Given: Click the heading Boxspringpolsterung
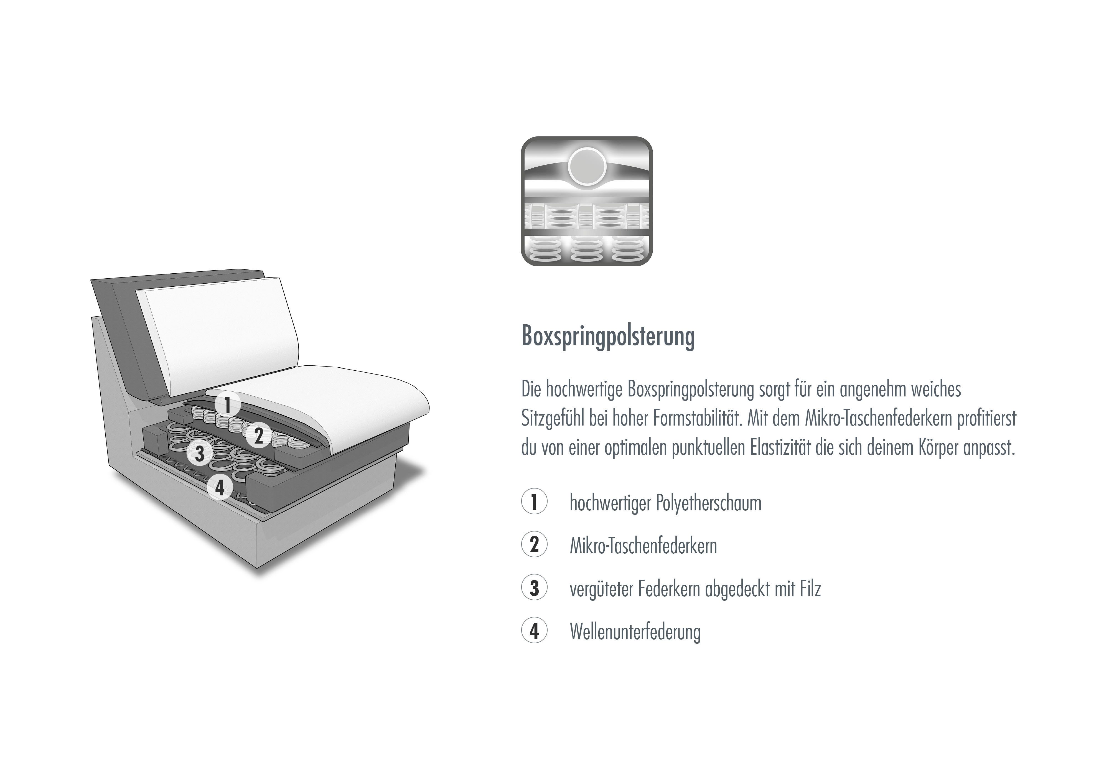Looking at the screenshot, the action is coord(608,336).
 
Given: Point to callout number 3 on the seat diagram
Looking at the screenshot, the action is coord(200,453).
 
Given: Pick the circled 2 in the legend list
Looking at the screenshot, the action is coord(534,544).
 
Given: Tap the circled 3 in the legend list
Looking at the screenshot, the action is coord(534,588).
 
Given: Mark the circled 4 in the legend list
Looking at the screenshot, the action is coord(534,631).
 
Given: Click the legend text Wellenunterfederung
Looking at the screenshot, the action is coord(635,632).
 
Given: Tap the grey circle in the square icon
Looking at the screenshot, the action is coord(587,166).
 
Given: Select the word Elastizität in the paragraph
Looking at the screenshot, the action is coord(780,448).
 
